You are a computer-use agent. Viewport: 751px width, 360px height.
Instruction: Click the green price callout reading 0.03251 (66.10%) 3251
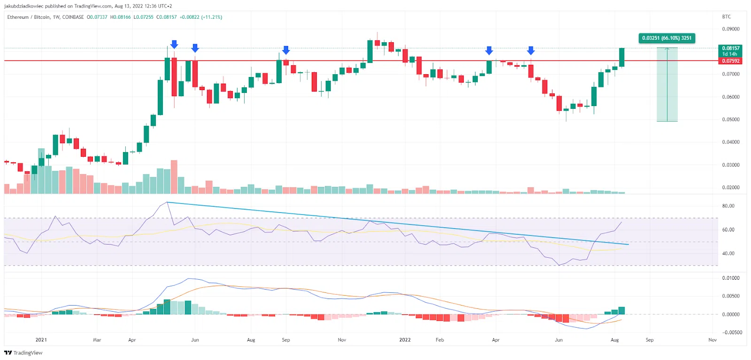pyautogui.click(x=667, y=38)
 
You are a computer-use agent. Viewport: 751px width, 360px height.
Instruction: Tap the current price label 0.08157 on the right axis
pyautogui.click(x=730, y=48)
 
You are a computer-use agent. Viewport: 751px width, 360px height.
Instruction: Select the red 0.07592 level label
pyautogui.click(x=730, y=61)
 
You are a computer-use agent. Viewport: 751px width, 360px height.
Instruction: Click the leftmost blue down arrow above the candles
pyautogui.click(x=174, y=45)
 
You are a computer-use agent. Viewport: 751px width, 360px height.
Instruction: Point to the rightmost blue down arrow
pyautogui.click(x=531, y=50)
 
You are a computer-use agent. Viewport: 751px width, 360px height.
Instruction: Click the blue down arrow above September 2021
pyautogui.click(x=286, y=50)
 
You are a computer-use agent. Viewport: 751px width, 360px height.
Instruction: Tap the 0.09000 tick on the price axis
pyautogui.click(x=730, y=29)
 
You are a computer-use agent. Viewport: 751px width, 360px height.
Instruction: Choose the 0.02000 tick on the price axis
pyautogui.click(x=730, y=188)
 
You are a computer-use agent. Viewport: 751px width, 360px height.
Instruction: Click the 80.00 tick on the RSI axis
pyautogui.click(x=728, y=206)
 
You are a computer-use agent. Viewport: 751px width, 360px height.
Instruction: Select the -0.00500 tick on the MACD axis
pyautogui.click(x=732, y=332)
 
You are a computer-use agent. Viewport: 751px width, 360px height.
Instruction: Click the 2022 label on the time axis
pyautogui.click(x=405, y=340)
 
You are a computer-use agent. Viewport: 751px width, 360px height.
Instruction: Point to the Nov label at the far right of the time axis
pyautogui.click(x=712, y=340)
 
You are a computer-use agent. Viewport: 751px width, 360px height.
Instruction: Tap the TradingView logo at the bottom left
pyautogui.click(x=23, y=353)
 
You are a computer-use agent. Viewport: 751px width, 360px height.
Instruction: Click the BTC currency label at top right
pyautogui.click(x=726, y=17)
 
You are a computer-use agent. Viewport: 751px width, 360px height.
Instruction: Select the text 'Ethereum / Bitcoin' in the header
pyautogui.click(x=29, y=17)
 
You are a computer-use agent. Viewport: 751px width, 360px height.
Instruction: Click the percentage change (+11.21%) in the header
pyautogui.click(x=212, y=17)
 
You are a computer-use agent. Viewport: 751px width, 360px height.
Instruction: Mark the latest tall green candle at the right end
pyautogui.click(x=621, y=57)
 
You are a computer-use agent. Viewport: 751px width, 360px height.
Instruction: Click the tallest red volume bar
pyautogui.click(x=174, y=177)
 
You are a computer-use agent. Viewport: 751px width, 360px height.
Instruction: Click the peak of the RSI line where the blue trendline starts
pyautogui.click(x=167, y=202)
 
